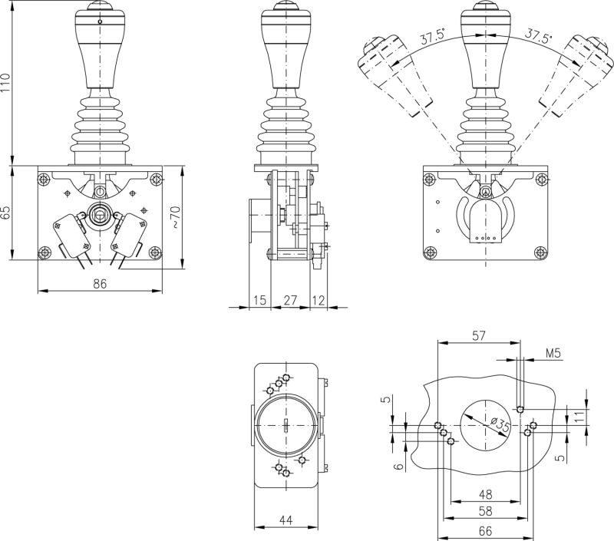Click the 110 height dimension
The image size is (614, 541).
pyautogui.click(x=7, y=82)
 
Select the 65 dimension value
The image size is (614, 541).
pyautogui.click(x=7, y=212)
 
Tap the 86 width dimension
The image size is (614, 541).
pyautogui.click(x=100, y=283)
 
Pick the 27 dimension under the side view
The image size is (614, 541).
pyautogui.click(x=290, y=299)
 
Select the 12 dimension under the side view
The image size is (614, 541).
pyautogui.click(x=319, y=299)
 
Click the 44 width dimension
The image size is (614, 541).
pyautogui.click(x=286, y=521)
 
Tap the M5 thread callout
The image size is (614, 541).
pyautogui.click(x=554, y=353)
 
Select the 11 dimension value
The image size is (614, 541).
pyautogui.click(x=579, y=415)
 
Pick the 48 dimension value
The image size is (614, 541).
pyautogui.click(x=486, y=495)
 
